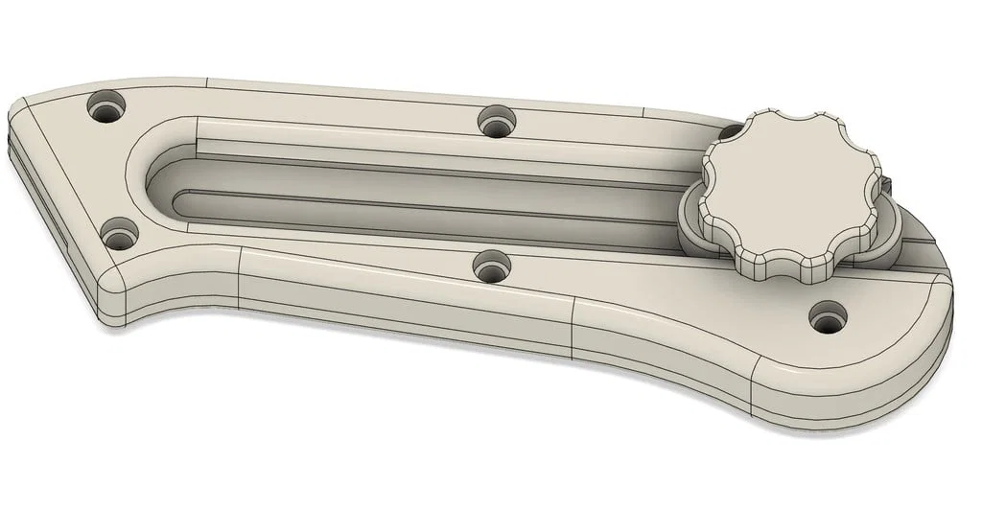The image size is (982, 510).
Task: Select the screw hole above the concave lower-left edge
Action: pos(120,233)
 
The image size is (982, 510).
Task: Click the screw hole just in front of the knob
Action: pos(828,315)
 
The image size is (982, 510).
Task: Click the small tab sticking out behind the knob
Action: pos(890,183)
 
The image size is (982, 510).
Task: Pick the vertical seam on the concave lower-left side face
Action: pos(239,278)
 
